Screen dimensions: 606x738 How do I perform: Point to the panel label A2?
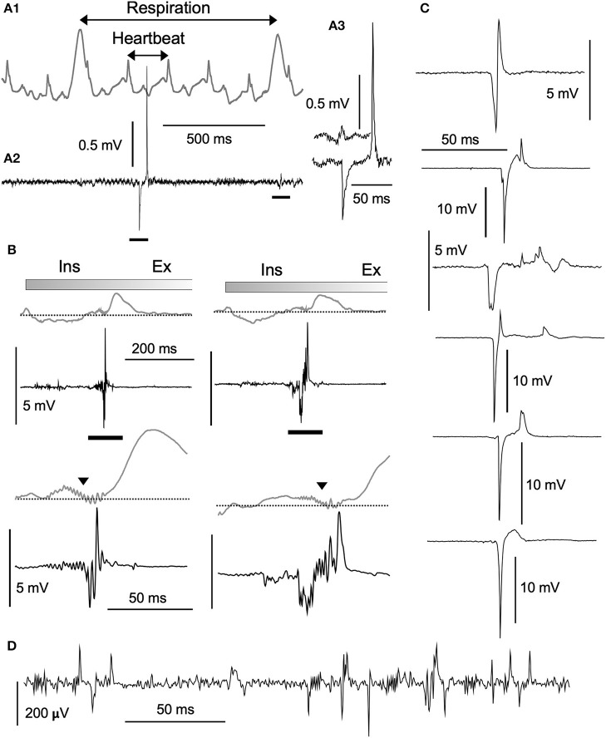click(x=14, y=158)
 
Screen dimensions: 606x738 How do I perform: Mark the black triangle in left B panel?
click(x=82, y=480)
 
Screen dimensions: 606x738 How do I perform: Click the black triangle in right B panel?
click(x=322, y=485)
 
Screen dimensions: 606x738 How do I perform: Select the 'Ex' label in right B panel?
click(x=373, y=268)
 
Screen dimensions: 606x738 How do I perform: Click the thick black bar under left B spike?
click(x=104, y=436)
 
